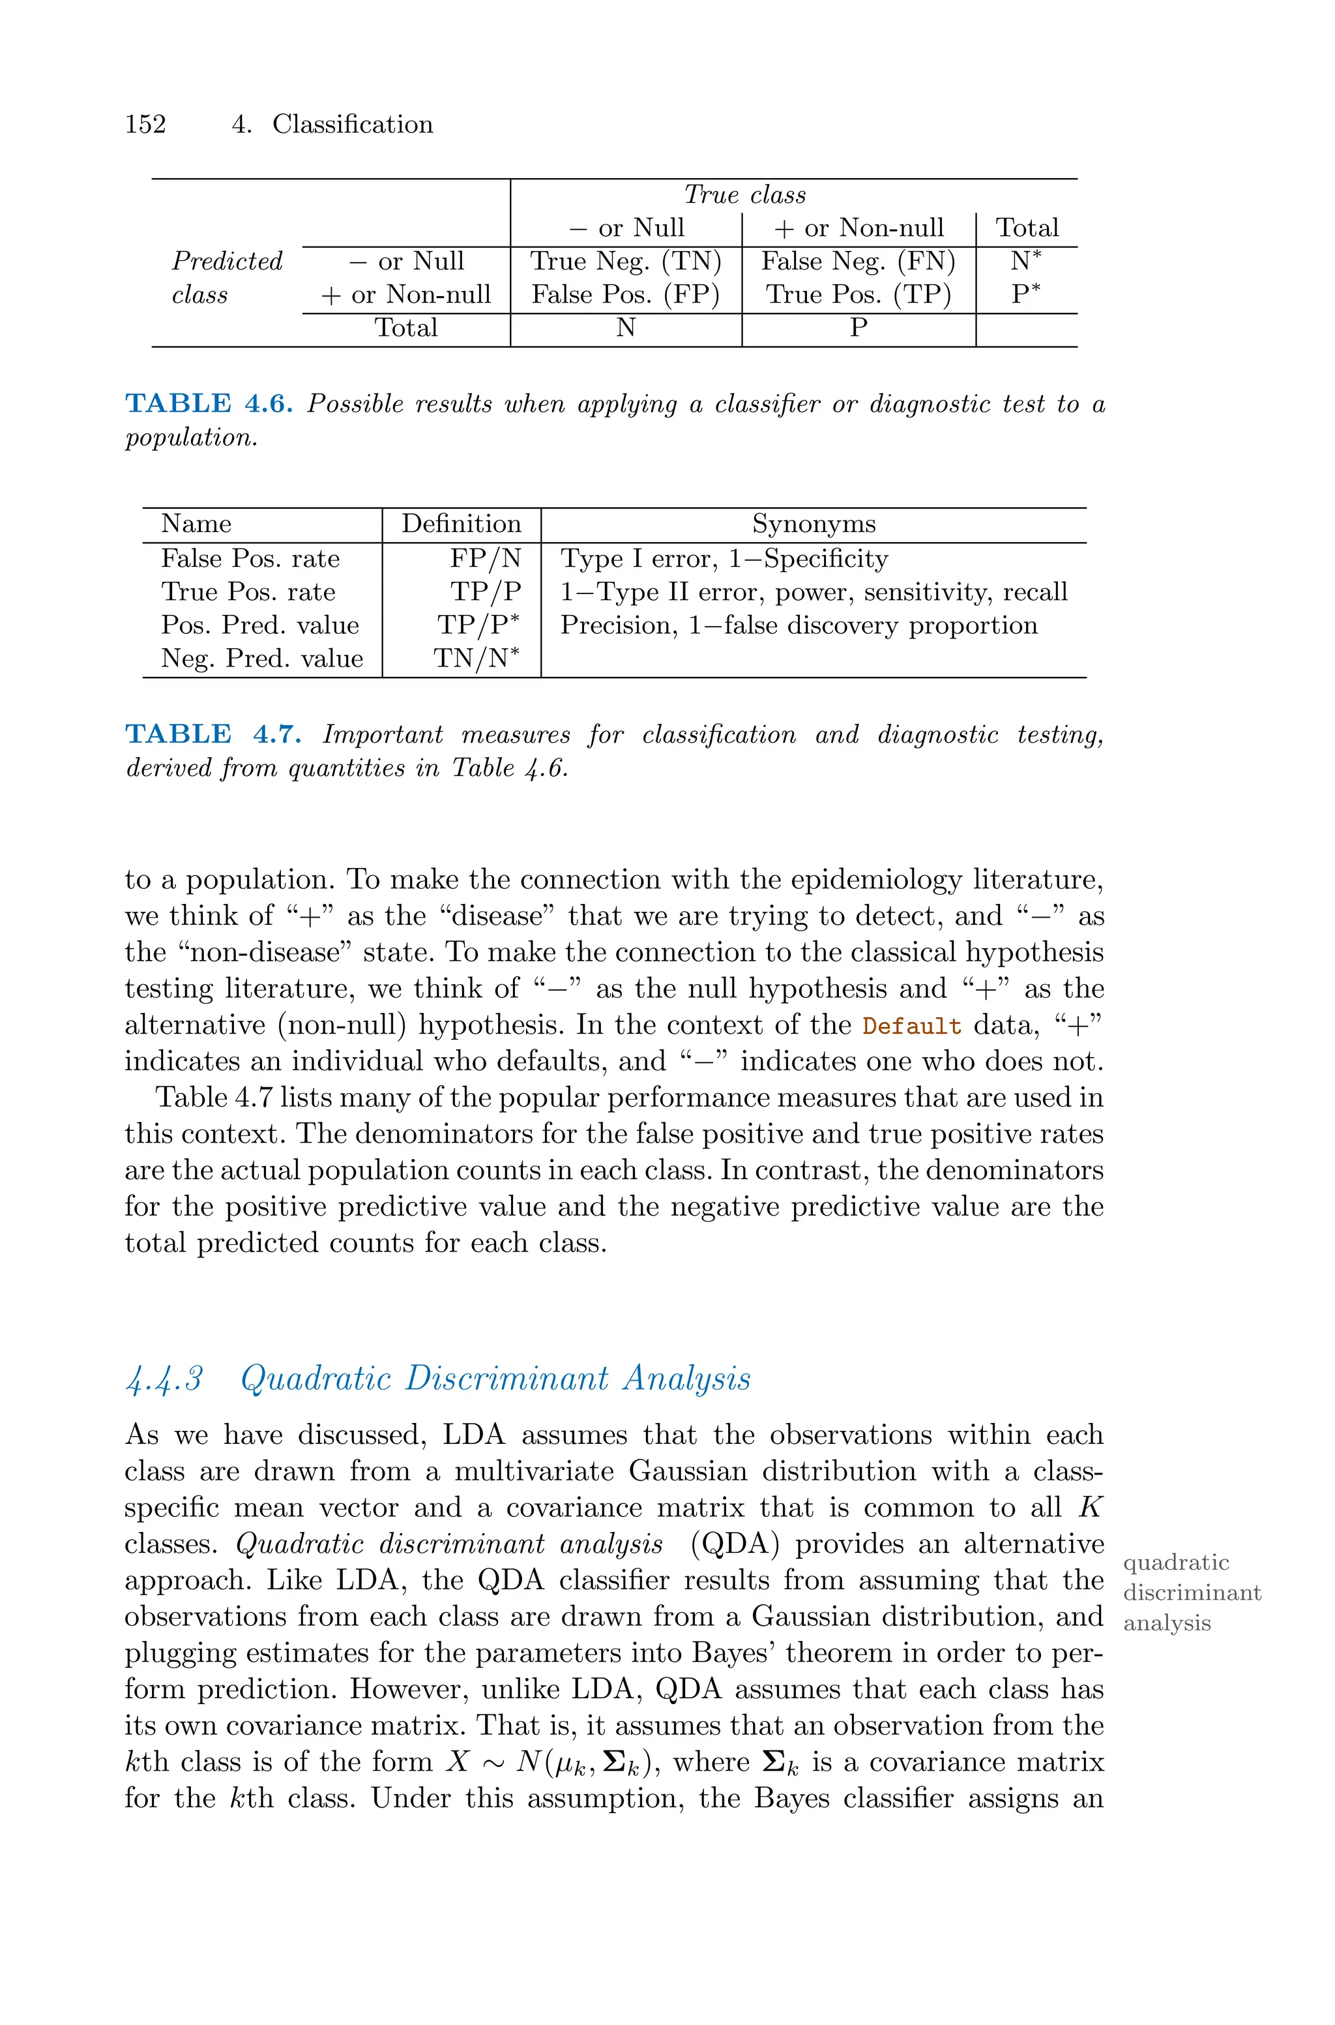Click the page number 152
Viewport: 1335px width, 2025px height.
[145, 125]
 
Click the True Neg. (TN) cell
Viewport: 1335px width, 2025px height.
[625, 261]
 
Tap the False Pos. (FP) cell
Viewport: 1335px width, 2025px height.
[625, 295]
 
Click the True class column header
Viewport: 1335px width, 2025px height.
[744, 195]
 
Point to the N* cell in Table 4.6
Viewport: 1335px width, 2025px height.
[1025, 261]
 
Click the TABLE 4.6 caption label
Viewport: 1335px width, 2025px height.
[209, 404]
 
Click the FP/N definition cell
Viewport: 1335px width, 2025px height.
[485, 559]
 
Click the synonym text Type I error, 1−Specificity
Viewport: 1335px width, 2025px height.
[724, 559]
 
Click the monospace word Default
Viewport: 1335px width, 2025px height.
[911, 1025]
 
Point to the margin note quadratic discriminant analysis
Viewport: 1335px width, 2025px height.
[1191, 1593]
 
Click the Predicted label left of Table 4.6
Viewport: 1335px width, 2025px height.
[226, 262]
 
